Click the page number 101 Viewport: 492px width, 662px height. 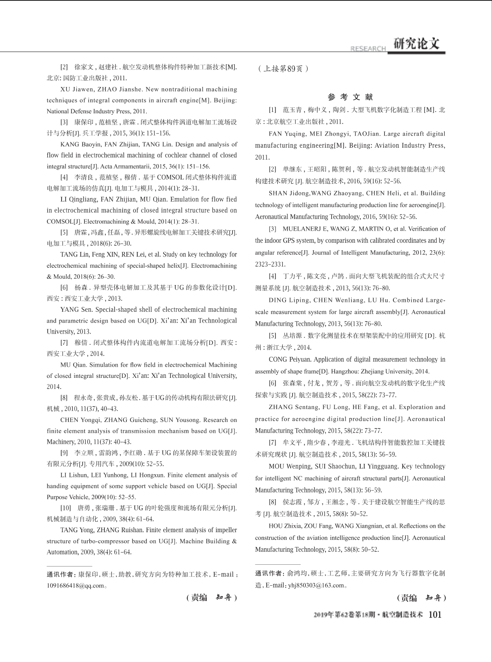point(434,615)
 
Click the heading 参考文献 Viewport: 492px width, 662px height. point(350,97)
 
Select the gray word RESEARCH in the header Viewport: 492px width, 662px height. point(368,49)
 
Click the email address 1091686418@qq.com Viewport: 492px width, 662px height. point(75,586)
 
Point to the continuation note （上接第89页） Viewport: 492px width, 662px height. point(282,69)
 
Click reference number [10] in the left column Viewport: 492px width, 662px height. point(66,508)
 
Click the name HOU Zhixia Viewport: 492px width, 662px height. point(286,526)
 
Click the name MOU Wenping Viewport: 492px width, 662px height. point(287,467)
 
